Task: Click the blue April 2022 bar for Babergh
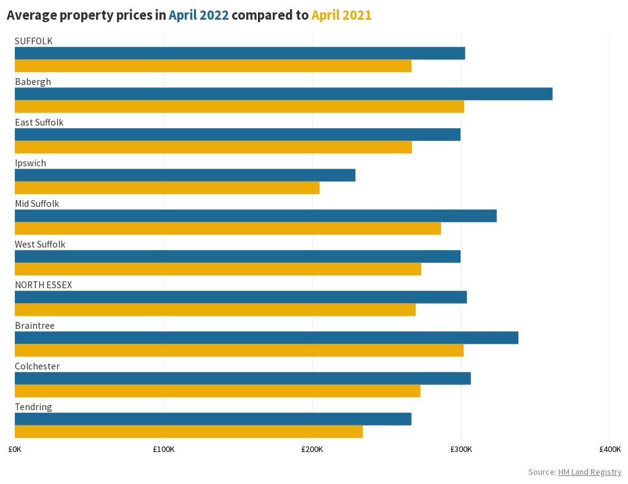(x=283, y=94)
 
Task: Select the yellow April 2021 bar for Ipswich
(x=167, y=188)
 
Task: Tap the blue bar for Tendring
(x=212, y=419)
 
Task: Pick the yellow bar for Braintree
(x=239, y=350)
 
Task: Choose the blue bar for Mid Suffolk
(x=256, y=216)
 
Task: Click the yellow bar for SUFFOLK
(x=212, y=66)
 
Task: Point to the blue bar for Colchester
(x=243, y=378)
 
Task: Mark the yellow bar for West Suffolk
(x=217, y=269)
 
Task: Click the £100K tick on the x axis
(x=163, y=449)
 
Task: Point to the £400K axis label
(x=610, y=449)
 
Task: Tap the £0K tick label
(x=15, y=449)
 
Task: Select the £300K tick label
(x=461, y=449)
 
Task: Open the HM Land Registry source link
(x=589, y=472)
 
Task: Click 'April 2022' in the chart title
(x=199, y=15)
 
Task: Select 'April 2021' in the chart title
(x=341, y=15)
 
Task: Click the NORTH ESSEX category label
(x=43, y=284)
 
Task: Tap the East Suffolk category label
(x=39, y=122)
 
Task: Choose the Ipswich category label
(x=30, y=163)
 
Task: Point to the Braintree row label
(x=34, y=325)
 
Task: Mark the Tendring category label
(x=33, y=406)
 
